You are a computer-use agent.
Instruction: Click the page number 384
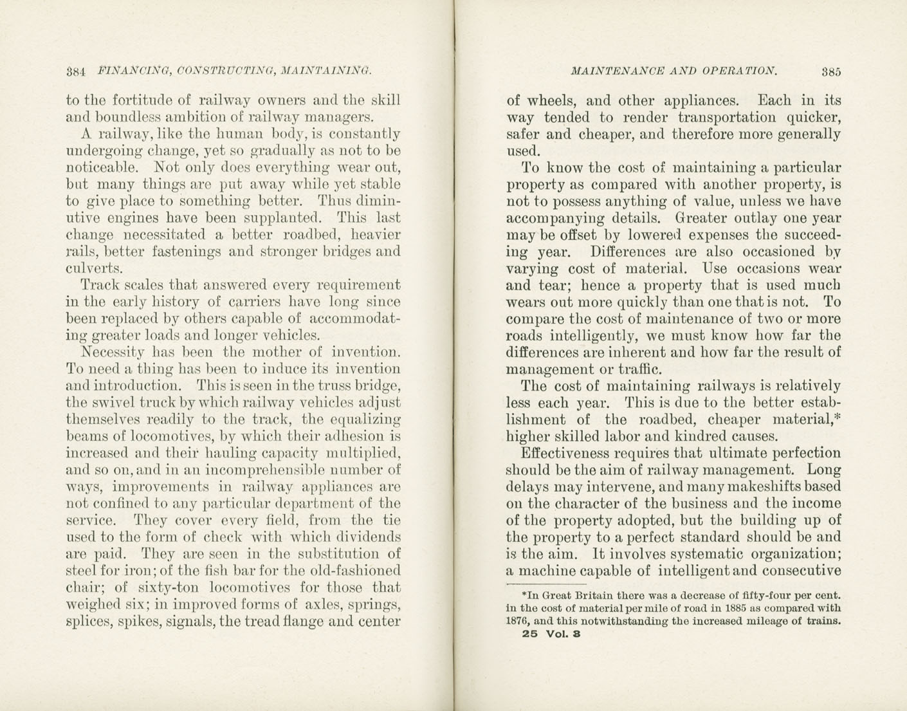coord(76,71)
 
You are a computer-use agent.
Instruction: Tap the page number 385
coord(830,71)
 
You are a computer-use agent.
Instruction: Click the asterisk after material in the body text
coord(838,417)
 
